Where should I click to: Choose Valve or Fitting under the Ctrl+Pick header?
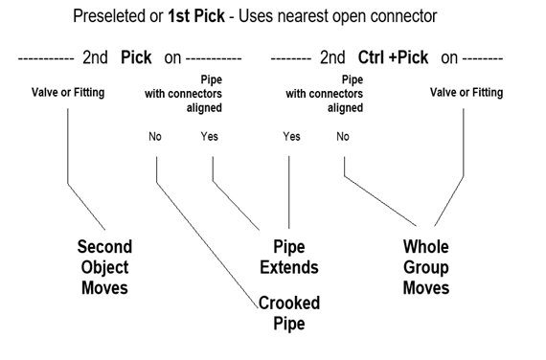coord(465,93)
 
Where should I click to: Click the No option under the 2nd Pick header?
coord(155,136)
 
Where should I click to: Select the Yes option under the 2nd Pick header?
coord(209,136)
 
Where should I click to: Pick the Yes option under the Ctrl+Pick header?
coord(291,136)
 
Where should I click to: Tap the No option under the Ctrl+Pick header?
coord(343,136)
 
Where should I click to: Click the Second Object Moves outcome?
coord(104,267)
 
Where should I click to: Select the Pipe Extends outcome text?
coord(289,258)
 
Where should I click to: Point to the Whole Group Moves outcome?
coord(425,267)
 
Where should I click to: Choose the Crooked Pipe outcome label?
coord(289,313)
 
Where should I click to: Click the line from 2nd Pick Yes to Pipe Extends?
coord(235,202)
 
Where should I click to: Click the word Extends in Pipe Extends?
coord(289,267)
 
